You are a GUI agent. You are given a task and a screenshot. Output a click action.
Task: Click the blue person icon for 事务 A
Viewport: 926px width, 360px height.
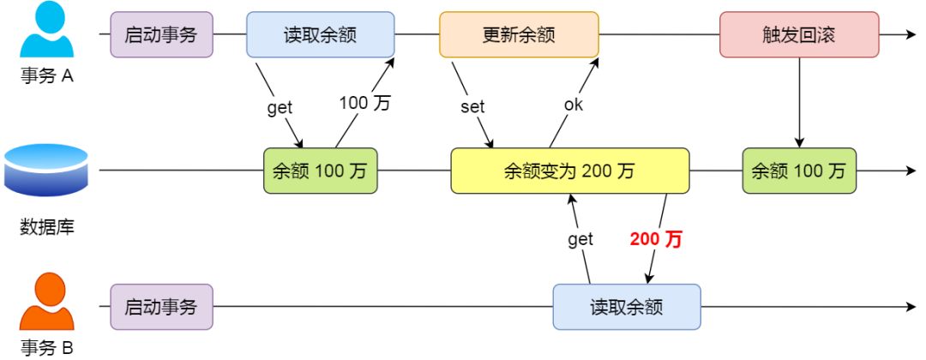coord(47,33)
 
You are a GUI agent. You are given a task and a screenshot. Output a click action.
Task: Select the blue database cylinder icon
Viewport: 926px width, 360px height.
coord(46,171)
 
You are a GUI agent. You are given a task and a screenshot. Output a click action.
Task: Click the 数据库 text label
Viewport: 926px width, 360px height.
coord(46,227)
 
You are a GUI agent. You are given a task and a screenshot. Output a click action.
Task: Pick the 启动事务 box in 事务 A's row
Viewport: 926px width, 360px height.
coord(161,34)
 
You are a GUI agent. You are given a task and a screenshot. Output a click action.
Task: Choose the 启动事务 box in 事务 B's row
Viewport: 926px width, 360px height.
coord(161,307)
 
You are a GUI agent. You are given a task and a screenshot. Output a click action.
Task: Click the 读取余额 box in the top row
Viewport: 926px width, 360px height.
coord(320,34)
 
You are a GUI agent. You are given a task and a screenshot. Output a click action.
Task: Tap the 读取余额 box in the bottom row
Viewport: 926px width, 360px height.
coord(626,307)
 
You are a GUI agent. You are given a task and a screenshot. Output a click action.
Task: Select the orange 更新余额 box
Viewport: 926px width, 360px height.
coord(518,34)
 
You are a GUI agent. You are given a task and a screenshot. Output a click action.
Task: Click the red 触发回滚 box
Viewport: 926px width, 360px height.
coord(799,34)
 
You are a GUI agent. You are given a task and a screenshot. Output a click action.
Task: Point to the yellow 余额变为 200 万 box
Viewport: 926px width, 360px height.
coord(569,171)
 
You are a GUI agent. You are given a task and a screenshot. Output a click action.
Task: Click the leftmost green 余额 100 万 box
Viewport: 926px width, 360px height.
coord(320,171)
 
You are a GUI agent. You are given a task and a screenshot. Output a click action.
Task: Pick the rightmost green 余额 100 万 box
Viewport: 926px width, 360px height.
coord(799,171)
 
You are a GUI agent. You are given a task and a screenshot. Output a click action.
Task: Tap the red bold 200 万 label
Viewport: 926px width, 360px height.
coord(656,239)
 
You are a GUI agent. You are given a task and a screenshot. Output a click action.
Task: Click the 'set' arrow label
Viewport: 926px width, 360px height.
coord(472,107)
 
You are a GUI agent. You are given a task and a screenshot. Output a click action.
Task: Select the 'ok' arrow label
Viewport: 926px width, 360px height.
coord(574,105)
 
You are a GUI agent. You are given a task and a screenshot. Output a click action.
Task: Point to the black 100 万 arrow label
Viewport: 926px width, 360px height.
coord(364,103)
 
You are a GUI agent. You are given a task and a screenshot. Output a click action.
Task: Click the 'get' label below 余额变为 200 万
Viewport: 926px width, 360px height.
coord(580,239)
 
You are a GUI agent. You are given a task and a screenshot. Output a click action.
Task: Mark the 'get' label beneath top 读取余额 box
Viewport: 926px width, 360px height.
coord(280,107)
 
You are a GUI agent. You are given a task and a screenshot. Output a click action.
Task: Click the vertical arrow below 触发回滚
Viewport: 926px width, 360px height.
coord(799,103)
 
